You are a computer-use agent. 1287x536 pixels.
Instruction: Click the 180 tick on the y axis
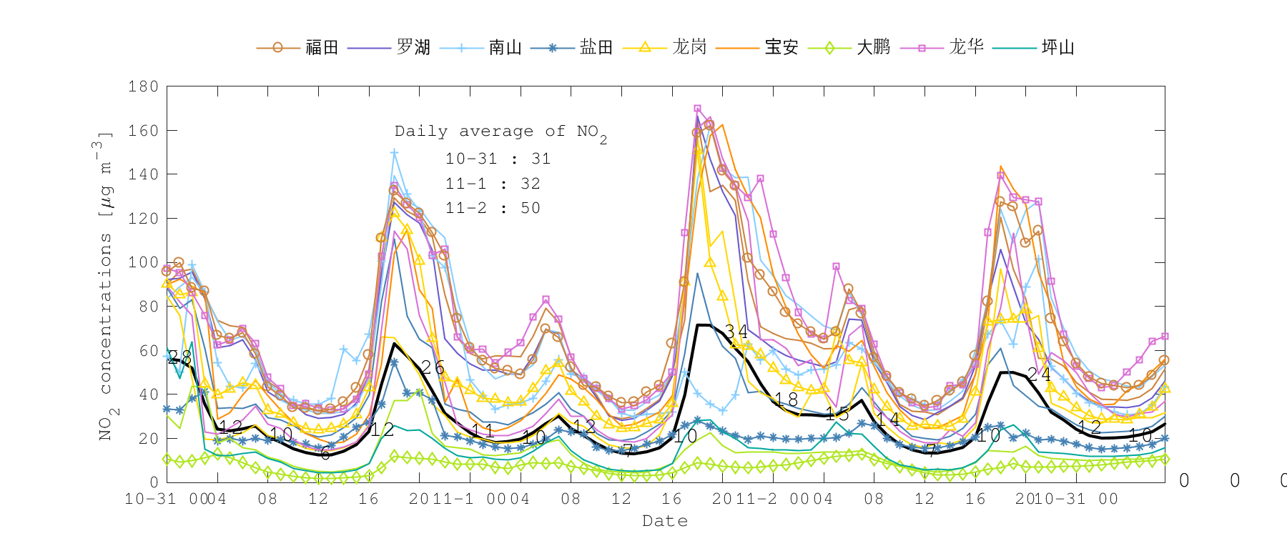[x=143, y=86]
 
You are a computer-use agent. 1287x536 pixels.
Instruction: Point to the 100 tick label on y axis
[x=143, y=262]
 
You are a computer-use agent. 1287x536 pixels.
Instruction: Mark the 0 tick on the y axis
[x=154, y=482]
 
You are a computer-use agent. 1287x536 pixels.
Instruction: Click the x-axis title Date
[x=665, y=521]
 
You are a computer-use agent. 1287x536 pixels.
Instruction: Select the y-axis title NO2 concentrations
[x=105, y=286]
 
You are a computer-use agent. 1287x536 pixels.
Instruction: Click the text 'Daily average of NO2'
[x=500, y=132]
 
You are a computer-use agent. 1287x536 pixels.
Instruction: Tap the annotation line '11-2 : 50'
[x=493, y=208]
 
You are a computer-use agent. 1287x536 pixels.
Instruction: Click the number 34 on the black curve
[x=736, y=331]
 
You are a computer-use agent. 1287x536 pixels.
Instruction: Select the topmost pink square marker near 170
[x=697, y=109]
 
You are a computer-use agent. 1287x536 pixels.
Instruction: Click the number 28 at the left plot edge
[x=180, y=357]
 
